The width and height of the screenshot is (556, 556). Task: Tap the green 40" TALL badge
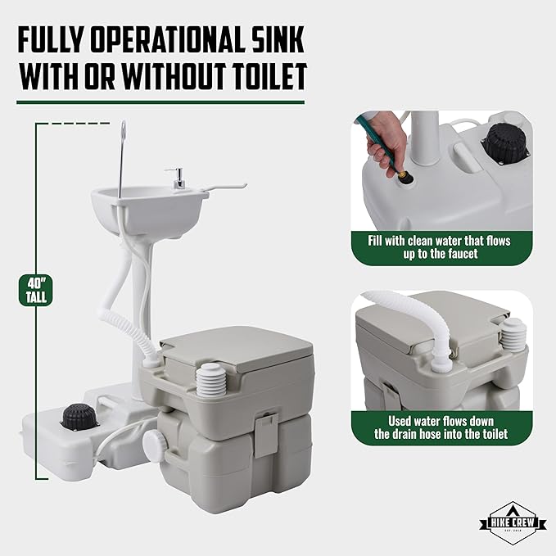point(36,290)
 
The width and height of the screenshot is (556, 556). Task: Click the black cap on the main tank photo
point(79,417)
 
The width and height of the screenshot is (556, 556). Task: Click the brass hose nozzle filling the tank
point(405,176)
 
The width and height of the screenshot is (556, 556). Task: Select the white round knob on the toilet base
point(155,441)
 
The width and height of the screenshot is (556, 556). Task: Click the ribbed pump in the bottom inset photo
point(513,335)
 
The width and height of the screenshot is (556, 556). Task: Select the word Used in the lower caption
point(400,421)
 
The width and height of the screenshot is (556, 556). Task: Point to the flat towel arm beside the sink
point(224,188)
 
